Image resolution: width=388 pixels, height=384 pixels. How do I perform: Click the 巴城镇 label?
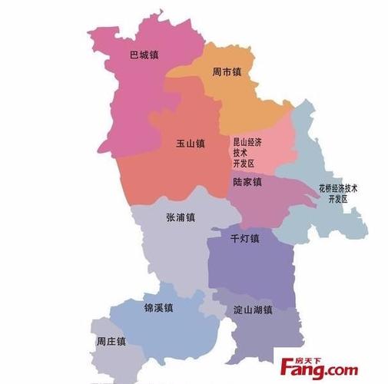[144, 55]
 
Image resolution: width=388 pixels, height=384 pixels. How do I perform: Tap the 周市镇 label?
[227, 73]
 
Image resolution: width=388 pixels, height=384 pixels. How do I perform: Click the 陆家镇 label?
[247, 182]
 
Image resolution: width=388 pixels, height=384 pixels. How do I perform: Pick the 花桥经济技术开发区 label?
[339, 193]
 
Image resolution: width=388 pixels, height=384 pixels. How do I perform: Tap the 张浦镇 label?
[181, 217]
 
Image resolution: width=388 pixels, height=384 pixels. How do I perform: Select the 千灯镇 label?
[245, 238]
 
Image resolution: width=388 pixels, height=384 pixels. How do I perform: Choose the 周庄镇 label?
[111, 341]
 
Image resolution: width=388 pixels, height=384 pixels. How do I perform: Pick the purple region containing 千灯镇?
[254, 269]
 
